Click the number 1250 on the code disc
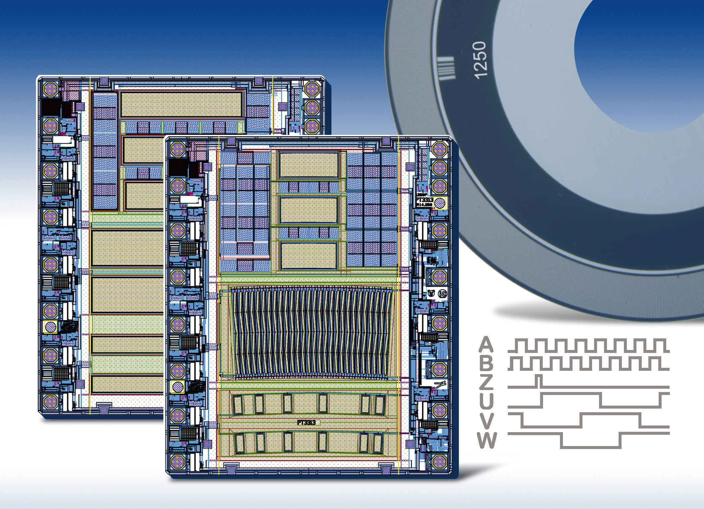coord(479,60)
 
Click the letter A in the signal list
coord(486,345)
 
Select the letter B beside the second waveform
coord(486,364)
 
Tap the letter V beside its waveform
coord(486,421)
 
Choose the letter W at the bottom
coord(486,440)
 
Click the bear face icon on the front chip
coord(431,293)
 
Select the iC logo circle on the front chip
coord(442,293)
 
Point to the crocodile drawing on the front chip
coord(440,384)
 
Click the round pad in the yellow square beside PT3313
coord(440,203)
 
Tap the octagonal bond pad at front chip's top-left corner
coord(178,149)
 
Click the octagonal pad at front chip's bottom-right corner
coord(439,460)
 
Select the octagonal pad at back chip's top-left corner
coord(51,89)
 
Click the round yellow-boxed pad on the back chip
coord(50,327)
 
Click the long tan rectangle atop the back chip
coord(181,104)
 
